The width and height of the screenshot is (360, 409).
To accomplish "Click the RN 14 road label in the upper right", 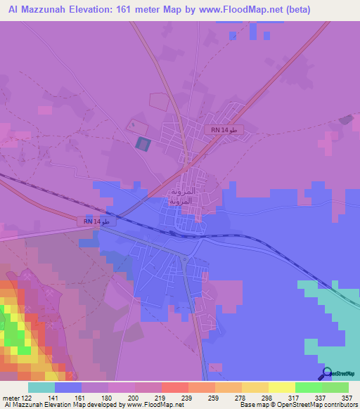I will [x=224, y=130].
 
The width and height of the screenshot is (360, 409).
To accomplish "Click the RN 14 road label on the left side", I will [x=95, y=221].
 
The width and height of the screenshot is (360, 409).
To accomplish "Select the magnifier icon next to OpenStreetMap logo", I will [x=326, y=373].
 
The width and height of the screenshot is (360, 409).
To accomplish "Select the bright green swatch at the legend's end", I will [x=335, y=387].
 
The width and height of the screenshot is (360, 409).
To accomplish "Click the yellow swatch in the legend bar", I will [x=281, y=387].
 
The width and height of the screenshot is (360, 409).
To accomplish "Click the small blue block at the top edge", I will [x=265, y=35].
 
